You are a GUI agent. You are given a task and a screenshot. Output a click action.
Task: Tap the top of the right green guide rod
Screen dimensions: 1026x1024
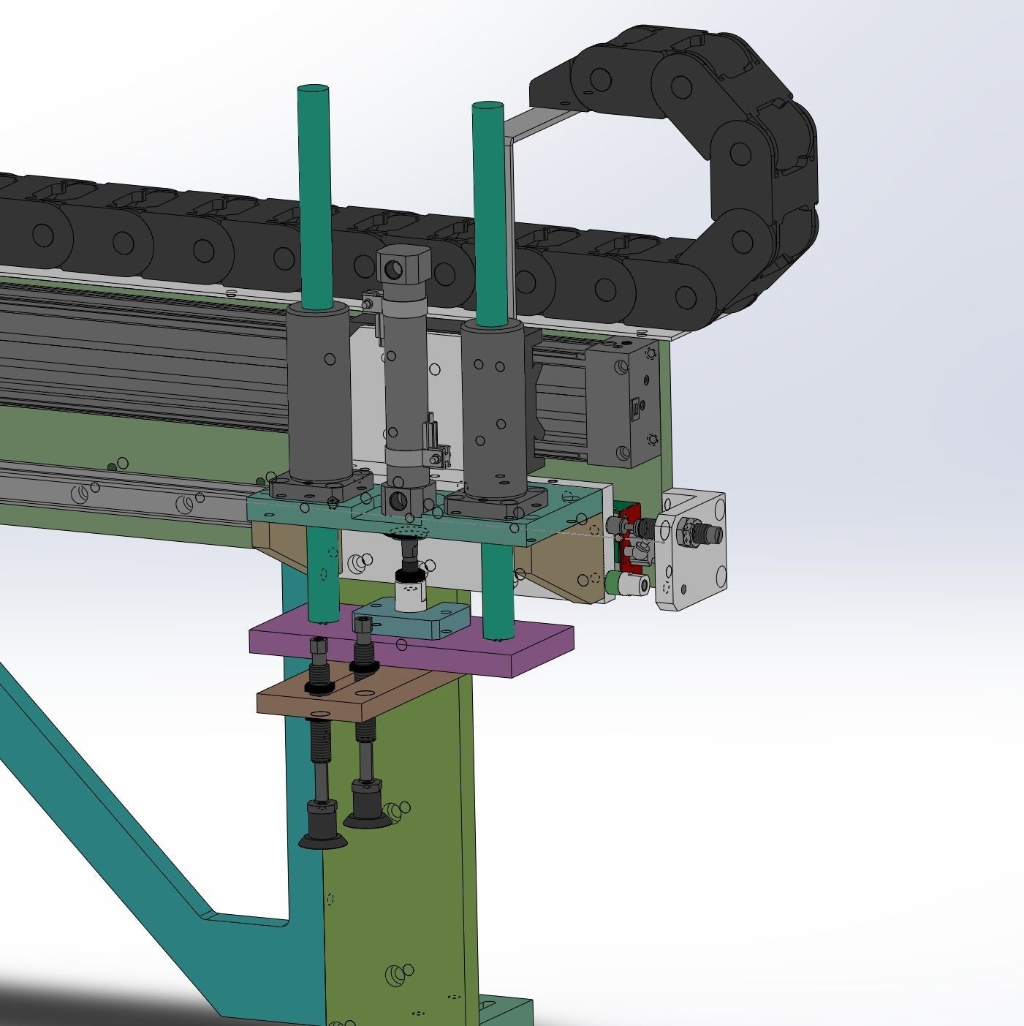[488, 108]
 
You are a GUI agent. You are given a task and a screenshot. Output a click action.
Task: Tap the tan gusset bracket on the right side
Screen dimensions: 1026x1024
[563, 570]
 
